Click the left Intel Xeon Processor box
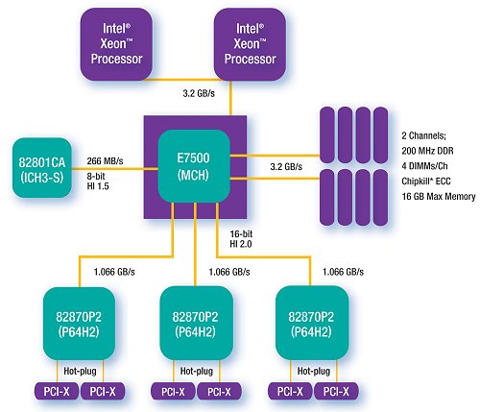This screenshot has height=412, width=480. tap(116, 44)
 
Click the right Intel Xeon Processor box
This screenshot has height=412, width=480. tap(250, 44)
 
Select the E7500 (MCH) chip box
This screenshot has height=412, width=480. tap(194, 166)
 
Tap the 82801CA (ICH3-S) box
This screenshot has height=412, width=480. tap(42, 168)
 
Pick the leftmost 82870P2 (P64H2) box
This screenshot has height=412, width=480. tap(79, 324)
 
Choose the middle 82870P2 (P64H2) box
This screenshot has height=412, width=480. tap(196, 324)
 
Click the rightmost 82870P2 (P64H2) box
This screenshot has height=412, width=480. tap(312, 323)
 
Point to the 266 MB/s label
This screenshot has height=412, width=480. tap(105, 161)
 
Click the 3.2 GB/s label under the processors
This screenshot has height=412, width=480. tap(199, 93)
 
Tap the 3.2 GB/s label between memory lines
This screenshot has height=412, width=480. tap(286, 167)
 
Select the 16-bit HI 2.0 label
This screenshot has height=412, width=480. tap(241, 239)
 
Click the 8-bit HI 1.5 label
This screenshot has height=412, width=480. tap(98, 182)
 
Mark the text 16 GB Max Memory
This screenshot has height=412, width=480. tap(439, 196)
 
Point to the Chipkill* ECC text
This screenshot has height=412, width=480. tap(426, 182)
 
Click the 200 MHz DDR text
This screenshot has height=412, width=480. tap(427, 151)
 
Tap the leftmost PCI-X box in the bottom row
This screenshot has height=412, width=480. tap(57, 391)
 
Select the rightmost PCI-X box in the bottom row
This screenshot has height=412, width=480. tap(336, 391)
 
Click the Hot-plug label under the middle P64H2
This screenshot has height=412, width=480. tap(197, 371)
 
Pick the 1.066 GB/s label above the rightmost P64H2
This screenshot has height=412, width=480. tap(343, 272)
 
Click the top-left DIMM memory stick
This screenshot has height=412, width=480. tap(327, 135)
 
